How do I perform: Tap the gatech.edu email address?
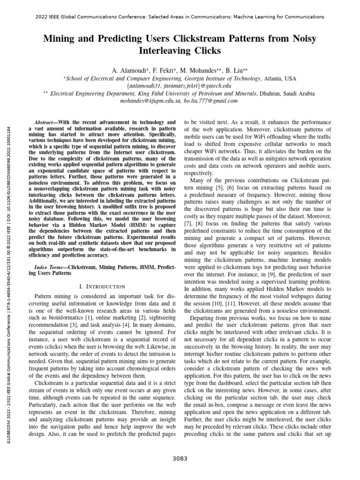(x=180, y=86)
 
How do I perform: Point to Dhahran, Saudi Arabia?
(x=287, y=93)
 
